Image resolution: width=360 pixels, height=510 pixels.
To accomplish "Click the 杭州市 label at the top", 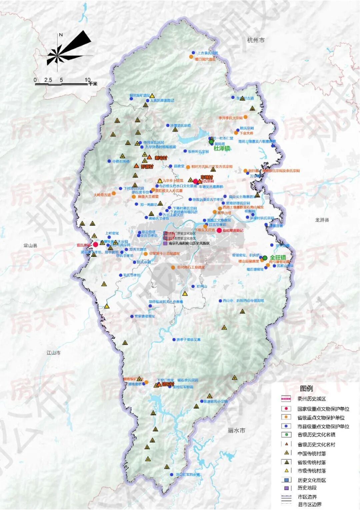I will [256, 40].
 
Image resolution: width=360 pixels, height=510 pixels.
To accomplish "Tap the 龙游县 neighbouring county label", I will [322, 220].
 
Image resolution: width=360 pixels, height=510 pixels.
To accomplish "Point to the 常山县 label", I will [30, 246].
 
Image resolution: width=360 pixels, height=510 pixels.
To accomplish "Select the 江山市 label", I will [53, 352].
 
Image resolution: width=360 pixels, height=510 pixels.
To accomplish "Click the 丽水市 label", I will [236, 430].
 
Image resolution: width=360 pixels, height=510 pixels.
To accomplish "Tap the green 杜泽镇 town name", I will [222, 149].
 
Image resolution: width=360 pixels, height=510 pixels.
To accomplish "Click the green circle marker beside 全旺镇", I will [265, 258].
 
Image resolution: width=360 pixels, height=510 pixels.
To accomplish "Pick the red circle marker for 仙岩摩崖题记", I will [219, 231].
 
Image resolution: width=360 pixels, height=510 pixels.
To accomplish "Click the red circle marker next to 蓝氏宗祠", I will [95, 245].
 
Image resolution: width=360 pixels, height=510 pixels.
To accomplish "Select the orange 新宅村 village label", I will [161, 158].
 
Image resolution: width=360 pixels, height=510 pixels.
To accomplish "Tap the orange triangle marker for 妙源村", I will [136, 166].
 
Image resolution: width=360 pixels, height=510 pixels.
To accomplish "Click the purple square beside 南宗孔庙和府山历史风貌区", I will [165, 244].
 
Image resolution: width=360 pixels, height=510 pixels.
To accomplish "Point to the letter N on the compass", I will [61, 35].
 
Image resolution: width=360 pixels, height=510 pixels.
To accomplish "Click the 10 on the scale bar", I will [87, 80].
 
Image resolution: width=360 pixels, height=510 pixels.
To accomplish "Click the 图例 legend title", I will [306, 388].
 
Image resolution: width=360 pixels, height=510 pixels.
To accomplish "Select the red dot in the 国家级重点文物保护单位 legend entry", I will [286, 409].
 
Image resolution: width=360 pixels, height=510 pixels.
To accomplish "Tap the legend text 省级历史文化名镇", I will [316, 435].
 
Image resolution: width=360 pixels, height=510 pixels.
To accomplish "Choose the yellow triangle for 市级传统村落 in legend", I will [286, 471].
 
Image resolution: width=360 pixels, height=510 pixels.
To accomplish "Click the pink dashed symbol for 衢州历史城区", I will [286, 399].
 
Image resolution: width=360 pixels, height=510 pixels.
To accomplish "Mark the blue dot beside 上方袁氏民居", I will [193, 53].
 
